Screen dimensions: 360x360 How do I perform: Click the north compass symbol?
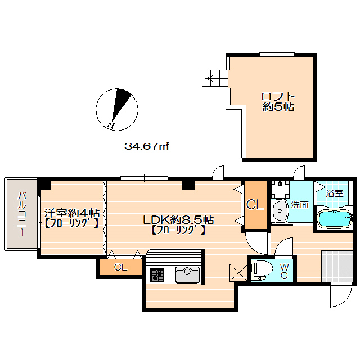click(x=117, y=109)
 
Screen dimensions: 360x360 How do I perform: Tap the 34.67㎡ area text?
click(x=147, y=146)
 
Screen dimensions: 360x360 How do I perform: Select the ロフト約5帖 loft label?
click(x=278, y=101)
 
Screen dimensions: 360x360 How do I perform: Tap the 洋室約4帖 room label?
click(x=72, y=213)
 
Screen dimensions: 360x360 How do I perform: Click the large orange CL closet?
click(x=255, y=205)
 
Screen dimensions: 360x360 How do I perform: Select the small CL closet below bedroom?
click(x=120, y=267)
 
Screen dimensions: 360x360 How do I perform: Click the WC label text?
click(x=285, y=271)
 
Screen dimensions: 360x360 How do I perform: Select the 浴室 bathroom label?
click(x=334, y=193)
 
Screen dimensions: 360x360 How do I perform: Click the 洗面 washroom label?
click(x=299, y=205)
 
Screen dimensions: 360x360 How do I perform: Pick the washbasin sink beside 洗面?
click(x=279, y=211)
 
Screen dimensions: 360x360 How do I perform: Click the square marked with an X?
click(x=239, y=272)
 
